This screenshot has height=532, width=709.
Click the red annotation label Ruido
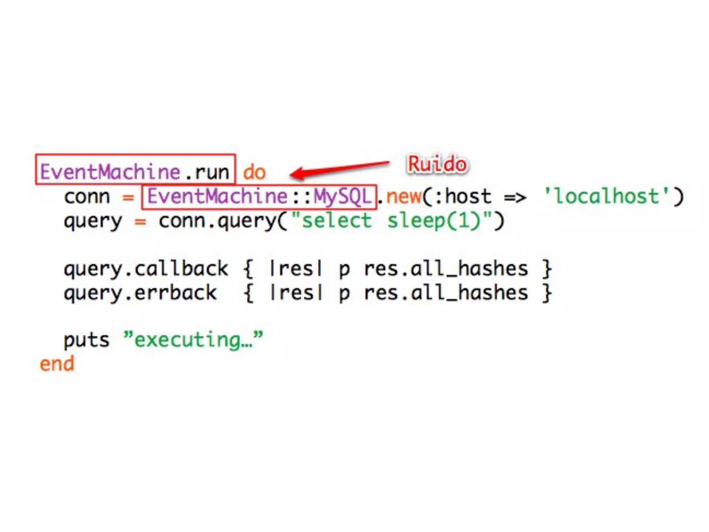[x=437, y=164]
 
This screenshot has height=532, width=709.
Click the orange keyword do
[x=254, y=172]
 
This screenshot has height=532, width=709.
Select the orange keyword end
[x=57, y=364]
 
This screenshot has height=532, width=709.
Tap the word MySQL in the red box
[x=342, y=196]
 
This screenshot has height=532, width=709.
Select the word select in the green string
[x=336, y=221]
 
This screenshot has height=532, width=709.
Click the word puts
[x=86, y=340]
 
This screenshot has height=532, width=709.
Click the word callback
[x=181, y=268]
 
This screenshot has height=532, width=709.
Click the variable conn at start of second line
[x=87, y=197]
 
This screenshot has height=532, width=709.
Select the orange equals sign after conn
[x=128, y=197]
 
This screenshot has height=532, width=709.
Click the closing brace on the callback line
[x=547, y=269]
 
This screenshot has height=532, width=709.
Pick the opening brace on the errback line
[x=248, y=293]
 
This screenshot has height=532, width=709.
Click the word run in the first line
[x=212, y=172]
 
